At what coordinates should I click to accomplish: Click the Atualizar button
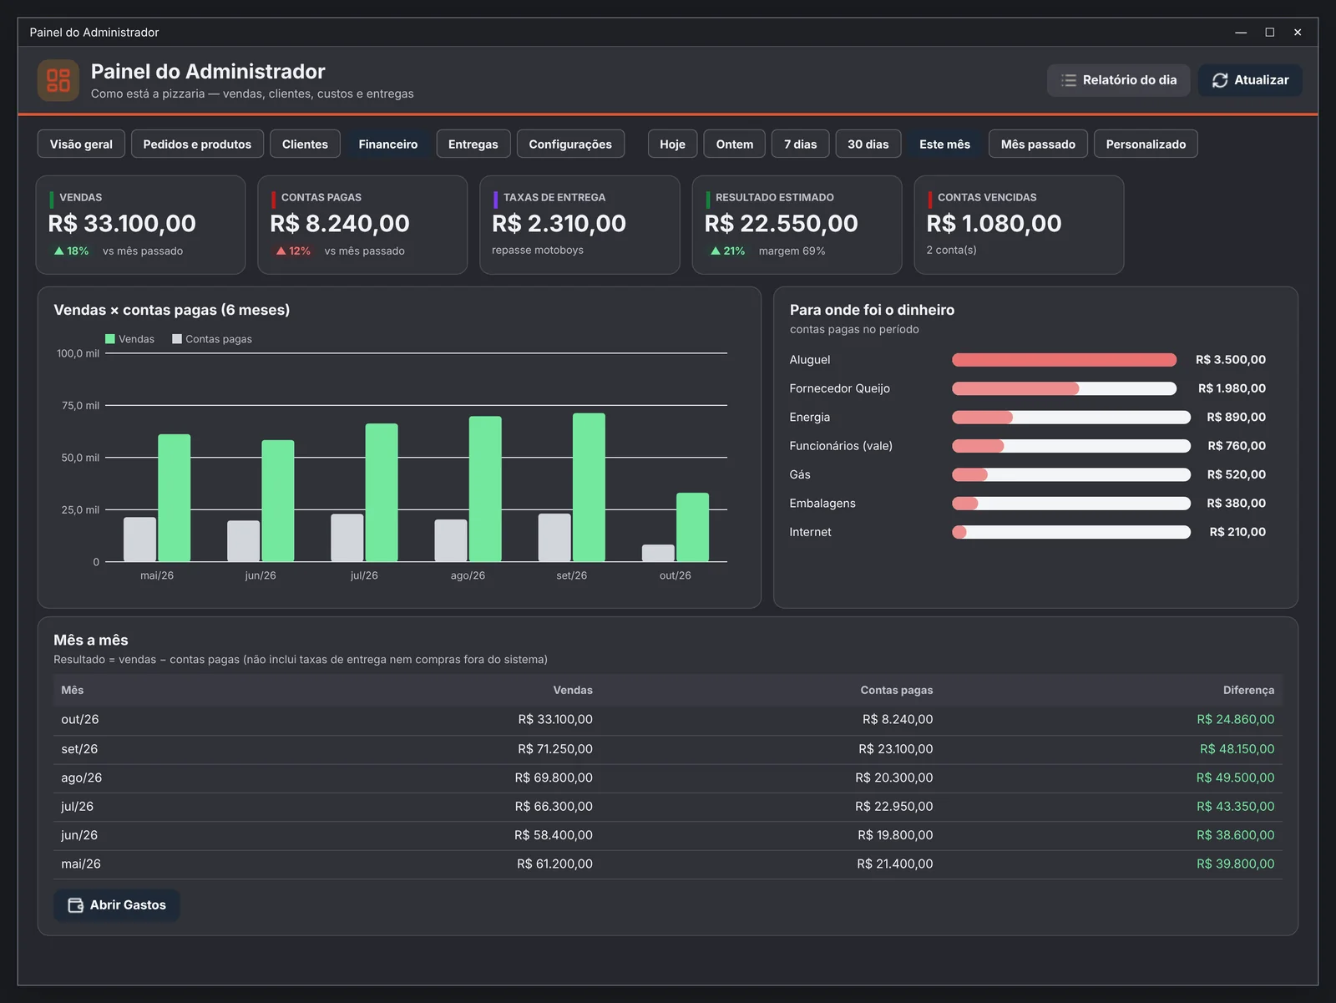[x=1249, y=79]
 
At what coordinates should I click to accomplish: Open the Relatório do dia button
[x=1118, y=79]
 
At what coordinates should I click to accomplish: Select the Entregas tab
[x=473, y=144]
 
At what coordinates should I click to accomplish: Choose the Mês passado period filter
[x=1038, y=144]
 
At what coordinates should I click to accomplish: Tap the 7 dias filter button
[x=800, y=144]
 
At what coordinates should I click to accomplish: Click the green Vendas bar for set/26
[x=589, y=487]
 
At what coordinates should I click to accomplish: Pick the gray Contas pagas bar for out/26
[x=658, y=553]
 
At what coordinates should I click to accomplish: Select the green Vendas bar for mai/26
[x=174, y=497]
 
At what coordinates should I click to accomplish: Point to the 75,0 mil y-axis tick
[x=80, y=405]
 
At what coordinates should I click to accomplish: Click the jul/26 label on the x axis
[x=364, y=575]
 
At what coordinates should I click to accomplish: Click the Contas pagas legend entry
[x=212, y=339]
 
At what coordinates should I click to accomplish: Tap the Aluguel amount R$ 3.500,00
[x=1230, y=360]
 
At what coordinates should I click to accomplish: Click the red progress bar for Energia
[x=982, y=417]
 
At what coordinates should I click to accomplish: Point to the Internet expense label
[x=810, y=532]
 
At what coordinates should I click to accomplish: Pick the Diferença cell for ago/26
[x=1235, y=778]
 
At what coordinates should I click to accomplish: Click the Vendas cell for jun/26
[x=554, y=835]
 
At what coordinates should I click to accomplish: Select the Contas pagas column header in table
[x=897, y=690]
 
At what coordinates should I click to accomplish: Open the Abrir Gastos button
[x=117, y=905]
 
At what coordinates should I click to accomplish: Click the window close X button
[x=1298, y=33]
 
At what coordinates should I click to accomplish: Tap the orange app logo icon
[x=58, y=80]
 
